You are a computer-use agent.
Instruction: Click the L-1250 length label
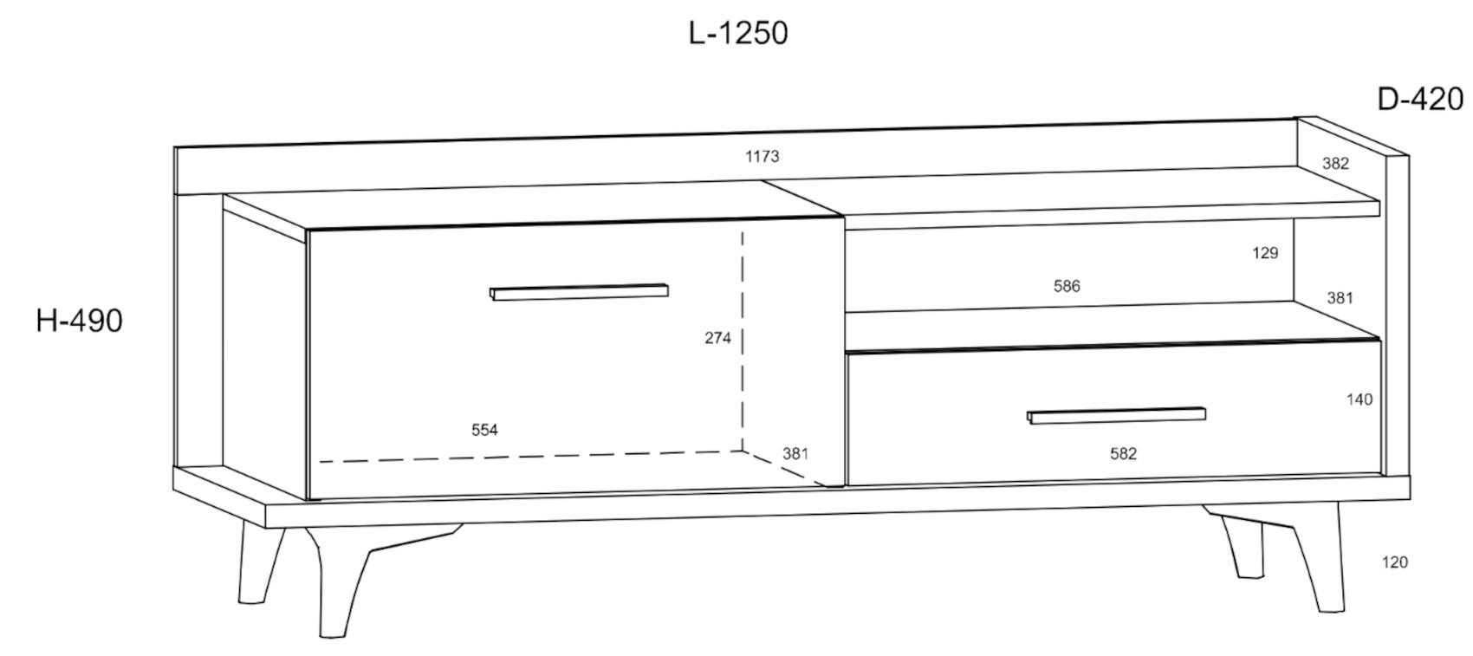tap(738, 33)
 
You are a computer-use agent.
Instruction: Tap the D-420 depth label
tap(1420, 100)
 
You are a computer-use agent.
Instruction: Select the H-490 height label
tap(80, 322)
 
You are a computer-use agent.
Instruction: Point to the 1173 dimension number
tap(762, 157)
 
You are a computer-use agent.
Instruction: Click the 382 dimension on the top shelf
tap(1335, 163)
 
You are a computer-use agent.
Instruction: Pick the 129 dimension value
tap(1264, 253)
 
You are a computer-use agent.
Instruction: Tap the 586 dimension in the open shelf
tap(1067, 286)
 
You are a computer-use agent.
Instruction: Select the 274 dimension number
tap(717, 338)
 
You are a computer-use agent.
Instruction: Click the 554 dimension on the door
tap(484, 431)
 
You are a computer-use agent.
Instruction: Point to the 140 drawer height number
tap(1359, 399)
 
